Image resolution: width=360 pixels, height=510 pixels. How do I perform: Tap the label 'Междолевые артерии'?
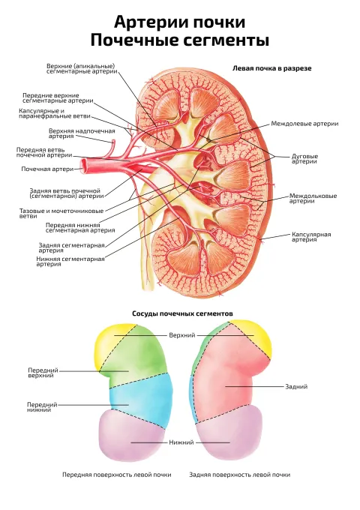(x=304, y=124)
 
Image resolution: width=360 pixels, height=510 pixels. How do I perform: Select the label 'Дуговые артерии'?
(x=304, y=159)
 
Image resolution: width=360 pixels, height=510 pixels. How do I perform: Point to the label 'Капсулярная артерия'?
(x=311, y=237)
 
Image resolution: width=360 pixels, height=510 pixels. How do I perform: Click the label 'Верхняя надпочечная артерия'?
(x=82, y=133)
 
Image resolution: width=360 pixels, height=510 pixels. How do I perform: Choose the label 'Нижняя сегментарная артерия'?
(x=70, y=262)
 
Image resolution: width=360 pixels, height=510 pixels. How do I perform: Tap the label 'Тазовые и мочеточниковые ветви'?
(x=61, y=213)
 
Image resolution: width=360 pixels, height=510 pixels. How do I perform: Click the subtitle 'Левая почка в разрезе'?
(x=271, y=68)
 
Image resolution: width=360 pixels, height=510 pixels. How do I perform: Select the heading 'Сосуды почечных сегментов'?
(x=182, y=313)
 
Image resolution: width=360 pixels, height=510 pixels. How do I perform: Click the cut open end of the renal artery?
(x=83, y=164)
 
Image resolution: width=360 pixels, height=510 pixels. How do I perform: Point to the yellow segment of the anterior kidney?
(x=108, y=346)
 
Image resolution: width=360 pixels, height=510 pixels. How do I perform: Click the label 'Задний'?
(x=296, y=387)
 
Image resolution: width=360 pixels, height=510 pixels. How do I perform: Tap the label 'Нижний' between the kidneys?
(x=181, y=442)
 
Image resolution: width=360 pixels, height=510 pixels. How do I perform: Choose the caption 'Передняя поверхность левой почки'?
(x=117, y=475)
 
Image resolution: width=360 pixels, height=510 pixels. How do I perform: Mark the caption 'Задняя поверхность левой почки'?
(x=240, y=475)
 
